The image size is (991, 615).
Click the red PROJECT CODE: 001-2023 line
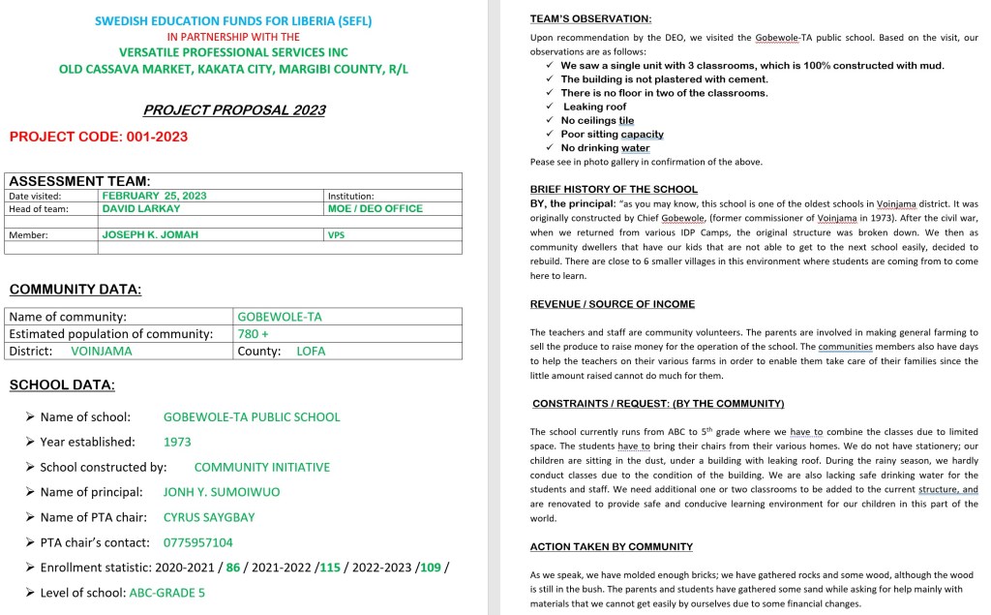click(x=99, y=137)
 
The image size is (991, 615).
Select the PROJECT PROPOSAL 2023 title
click(x=234, y=110)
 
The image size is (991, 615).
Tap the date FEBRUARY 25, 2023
click(x=154, y=196)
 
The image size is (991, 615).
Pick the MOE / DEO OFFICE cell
click(x=375, y=208)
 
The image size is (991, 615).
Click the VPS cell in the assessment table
click(x=336, y=235)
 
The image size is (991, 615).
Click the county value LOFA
click(x=311, y=352)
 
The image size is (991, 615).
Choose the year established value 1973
click(x=177, y=442)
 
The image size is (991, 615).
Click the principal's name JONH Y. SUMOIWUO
click(x=222, y=492)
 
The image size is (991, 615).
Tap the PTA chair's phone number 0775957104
click(x=198, y=542)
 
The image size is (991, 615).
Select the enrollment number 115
click(x=329, y=568)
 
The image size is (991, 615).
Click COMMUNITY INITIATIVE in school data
click(x=261, y=467)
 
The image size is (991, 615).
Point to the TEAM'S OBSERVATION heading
click(x=590, y=19)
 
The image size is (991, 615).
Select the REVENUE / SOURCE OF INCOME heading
click(x=613, y=304)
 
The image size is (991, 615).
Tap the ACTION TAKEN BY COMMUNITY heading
click(x=612, y=546)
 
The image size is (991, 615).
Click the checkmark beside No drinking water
click(x=550, y=147)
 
